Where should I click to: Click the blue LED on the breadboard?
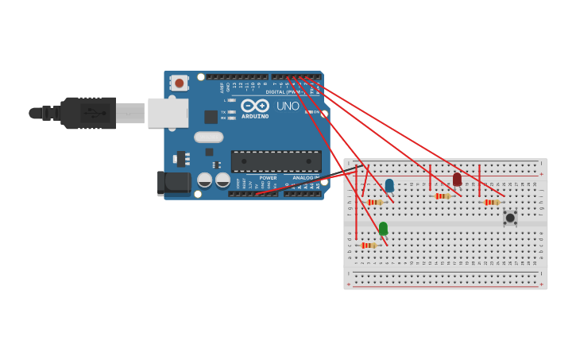click(389, 185)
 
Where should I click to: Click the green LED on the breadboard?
click(383, 229)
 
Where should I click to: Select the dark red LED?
click(457, 180)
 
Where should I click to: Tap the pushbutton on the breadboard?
click(510, 217)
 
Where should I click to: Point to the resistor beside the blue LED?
click(375, 203)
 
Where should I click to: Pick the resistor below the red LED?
click(443, 196)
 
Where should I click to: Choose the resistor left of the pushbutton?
click(491, 203)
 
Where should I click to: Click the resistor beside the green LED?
click(368, 246)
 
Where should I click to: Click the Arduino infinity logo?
click(255, 106)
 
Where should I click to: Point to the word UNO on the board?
click(288, 106)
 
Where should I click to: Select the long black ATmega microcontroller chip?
click(276, 161)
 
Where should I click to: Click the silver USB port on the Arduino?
click(168, 113)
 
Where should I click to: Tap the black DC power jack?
click(174, 184)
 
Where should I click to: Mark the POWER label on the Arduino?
click(268, 178)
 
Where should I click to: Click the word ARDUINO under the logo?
click(255, 117)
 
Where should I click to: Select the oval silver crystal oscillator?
click(209, 137)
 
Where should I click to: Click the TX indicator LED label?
click(224, 112)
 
